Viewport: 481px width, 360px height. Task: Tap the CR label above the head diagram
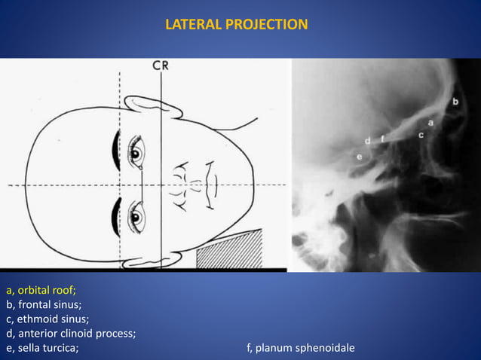pos(161,66)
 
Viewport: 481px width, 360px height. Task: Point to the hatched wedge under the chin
pos(229,250)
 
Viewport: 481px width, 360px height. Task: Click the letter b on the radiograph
pos(455,100)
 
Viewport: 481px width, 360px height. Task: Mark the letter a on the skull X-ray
pos(430,121)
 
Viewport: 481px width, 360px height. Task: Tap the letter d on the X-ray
pos(367,140)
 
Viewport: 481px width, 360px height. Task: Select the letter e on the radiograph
pos(359,156)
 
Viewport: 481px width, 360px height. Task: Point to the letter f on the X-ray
pos(382,138)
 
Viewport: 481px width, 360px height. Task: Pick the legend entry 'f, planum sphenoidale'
pos(301,347)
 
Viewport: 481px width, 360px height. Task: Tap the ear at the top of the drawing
pos(154,106)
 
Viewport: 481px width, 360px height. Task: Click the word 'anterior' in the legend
pos(41,333)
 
